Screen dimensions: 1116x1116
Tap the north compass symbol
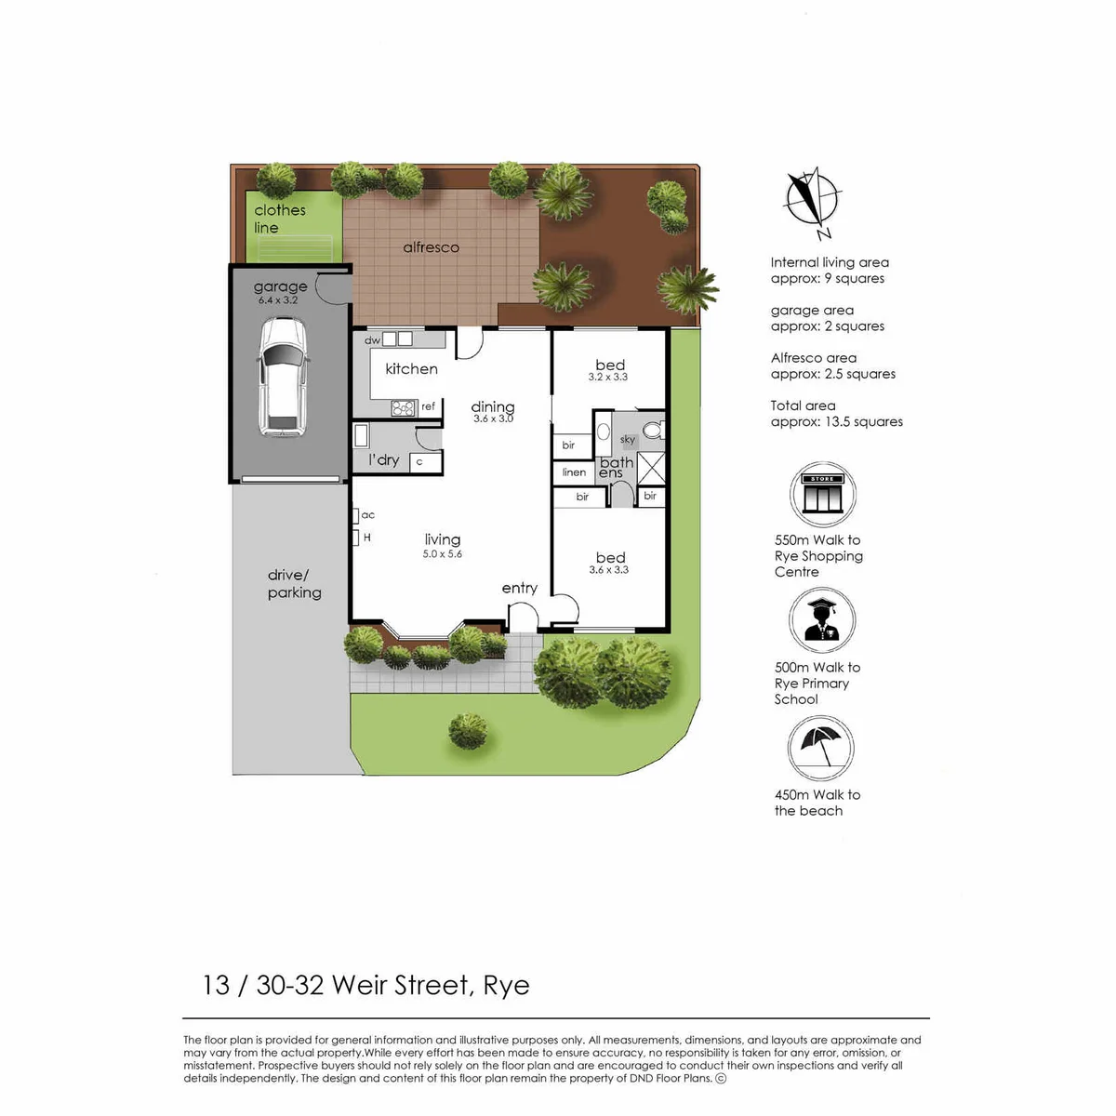pyautogui.click(x=813, y=202)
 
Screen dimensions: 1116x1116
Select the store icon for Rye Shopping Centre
pyautogui.click(x=822, y=494)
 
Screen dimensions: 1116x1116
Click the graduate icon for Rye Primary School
pyautogui.click(x=822, y=619)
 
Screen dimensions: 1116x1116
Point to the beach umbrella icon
pyautogui.click(x=820, y=748)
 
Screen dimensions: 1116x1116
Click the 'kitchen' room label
pyautogui.click(x=411, y=369)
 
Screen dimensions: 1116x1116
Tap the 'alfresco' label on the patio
pyautogui.click(x=431, y=247)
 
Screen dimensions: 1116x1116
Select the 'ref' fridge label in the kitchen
pyautogui.click(x=428, y=406)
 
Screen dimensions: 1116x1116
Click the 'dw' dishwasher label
pyautogui.click(x=372, y=340)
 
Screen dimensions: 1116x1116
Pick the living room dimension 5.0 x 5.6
pyautogui.click(x=443, y=554)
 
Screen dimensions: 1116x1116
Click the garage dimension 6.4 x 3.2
pyautogui.click(x=278, y=300)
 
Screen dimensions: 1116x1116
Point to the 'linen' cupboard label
pyautogui.click(x=574, y=472)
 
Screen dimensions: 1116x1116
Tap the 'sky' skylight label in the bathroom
pyautogui.click(x=627, y=440)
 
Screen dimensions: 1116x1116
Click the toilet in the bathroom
pyautogui.click(x=654, y=430)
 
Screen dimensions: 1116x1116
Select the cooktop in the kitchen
pyautogui.click(x=403, y=408)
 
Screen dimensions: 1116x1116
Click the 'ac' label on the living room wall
pyautogui.click(x=367, y=515)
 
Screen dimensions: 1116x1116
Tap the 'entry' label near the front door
pyautogui.click(x=520, y=589)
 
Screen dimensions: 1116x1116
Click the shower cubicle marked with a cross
pyautogui.click(x=651, y=469)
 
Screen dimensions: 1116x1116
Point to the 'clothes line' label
pyautogui.click(x=280, y=219)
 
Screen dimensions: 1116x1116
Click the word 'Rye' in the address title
pyautogui.click(x=506, y=986)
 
